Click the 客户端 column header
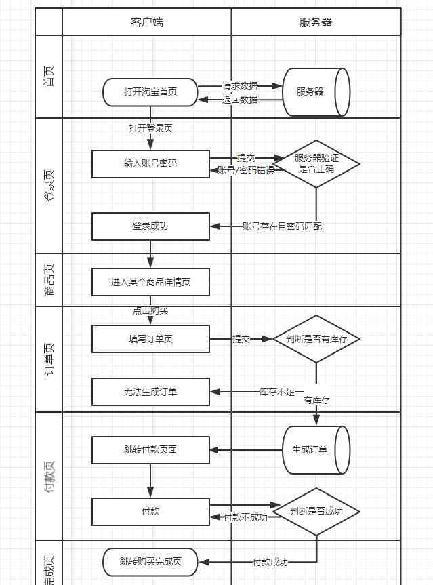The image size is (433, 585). [146, 22]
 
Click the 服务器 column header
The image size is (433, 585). [316, 22]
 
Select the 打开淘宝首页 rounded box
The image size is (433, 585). [150, 92]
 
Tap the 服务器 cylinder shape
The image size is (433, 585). [316, 92]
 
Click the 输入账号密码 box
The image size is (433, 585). [150, 164]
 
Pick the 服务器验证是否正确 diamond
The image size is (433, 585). [316, 163]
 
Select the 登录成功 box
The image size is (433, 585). [150, 226]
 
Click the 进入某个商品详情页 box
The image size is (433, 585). [150, 282]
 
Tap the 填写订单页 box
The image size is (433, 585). [150, 339]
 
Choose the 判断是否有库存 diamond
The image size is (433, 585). [316, 339]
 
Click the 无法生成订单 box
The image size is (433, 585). [150, 392]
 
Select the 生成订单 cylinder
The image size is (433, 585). [314, 449]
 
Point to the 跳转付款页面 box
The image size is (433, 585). [150, 449]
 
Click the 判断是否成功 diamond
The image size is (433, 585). [316, 512]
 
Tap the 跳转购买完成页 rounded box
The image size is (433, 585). [150, 561]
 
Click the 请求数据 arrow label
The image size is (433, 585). [240, 86]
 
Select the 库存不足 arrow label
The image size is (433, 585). [277, 392]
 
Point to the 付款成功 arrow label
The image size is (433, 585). [270, 562]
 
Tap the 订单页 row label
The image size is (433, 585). [49, 359]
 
